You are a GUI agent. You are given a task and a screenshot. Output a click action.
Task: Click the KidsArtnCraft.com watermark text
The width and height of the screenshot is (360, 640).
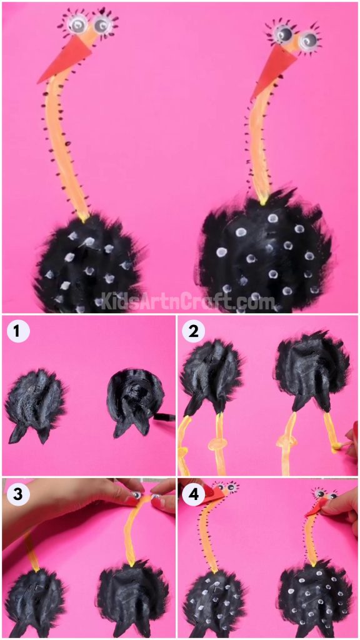(179, 302)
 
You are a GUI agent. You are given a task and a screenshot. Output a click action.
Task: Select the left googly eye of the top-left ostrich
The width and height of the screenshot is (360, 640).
(77, 24)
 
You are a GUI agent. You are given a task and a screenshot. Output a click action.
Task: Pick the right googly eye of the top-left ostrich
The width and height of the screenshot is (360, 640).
(102, 24)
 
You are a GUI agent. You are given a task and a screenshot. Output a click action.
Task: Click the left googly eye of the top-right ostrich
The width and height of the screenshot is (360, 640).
(282, 32)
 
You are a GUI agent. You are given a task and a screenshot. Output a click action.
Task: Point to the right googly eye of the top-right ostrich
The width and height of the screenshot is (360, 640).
(307, 41)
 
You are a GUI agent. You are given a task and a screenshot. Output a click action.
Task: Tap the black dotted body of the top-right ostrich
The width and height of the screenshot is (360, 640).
(266, 253)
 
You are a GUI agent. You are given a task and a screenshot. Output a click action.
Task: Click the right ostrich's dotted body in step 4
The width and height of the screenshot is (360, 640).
(307, 597)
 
